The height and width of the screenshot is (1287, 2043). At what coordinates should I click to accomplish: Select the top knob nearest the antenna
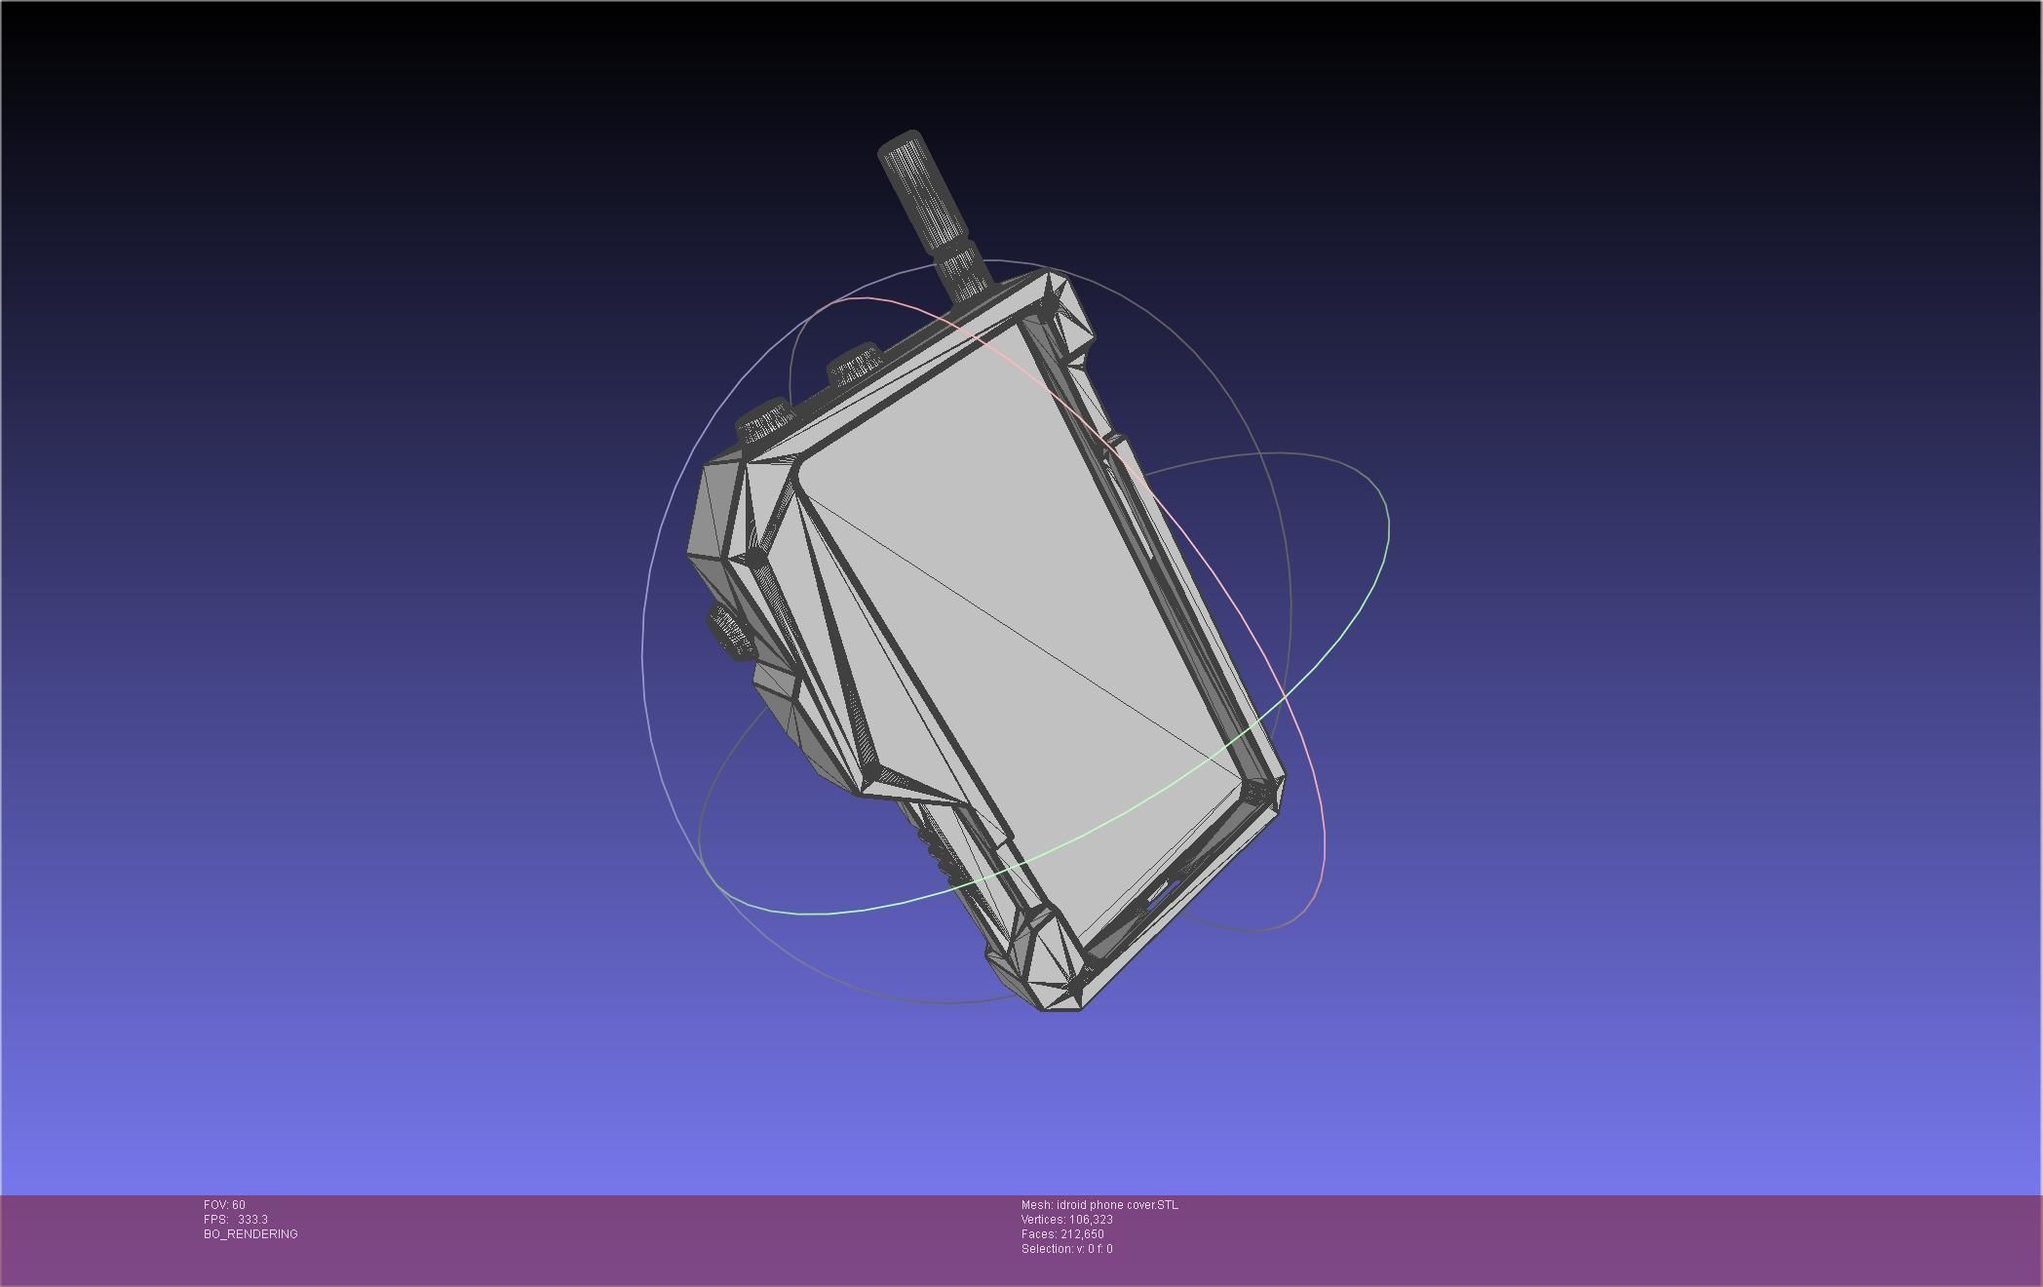(x=854, y=367)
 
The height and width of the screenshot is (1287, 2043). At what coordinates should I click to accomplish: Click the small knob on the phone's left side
(x=731, y=632)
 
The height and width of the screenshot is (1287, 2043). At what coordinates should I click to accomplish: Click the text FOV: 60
(x=224, y=1205)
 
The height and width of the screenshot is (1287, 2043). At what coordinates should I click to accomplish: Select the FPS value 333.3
(x=252, y=1220)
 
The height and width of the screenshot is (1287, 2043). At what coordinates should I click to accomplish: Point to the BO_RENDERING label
(x=251, y=1234)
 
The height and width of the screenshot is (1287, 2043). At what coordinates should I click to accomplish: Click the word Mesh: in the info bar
(x=1036, y=1205)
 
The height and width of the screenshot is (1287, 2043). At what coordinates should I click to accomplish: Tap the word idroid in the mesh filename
(x=1071, y=1205)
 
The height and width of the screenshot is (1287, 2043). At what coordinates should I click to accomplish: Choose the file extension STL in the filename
(x=1167, y=1205)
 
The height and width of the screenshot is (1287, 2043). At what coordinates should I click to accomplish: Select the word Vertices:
(x=1043, y=1220)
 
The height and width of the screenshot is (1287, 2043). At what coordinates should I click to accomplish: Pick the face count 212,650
(x=1082, y=1234)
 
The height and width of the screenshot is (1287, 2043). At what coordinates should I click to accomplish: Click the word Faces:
(x=1039, y=1234)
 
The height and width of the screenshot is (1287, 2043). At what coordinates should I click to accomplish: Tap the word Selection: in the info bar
(x=1047, y=1249)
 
